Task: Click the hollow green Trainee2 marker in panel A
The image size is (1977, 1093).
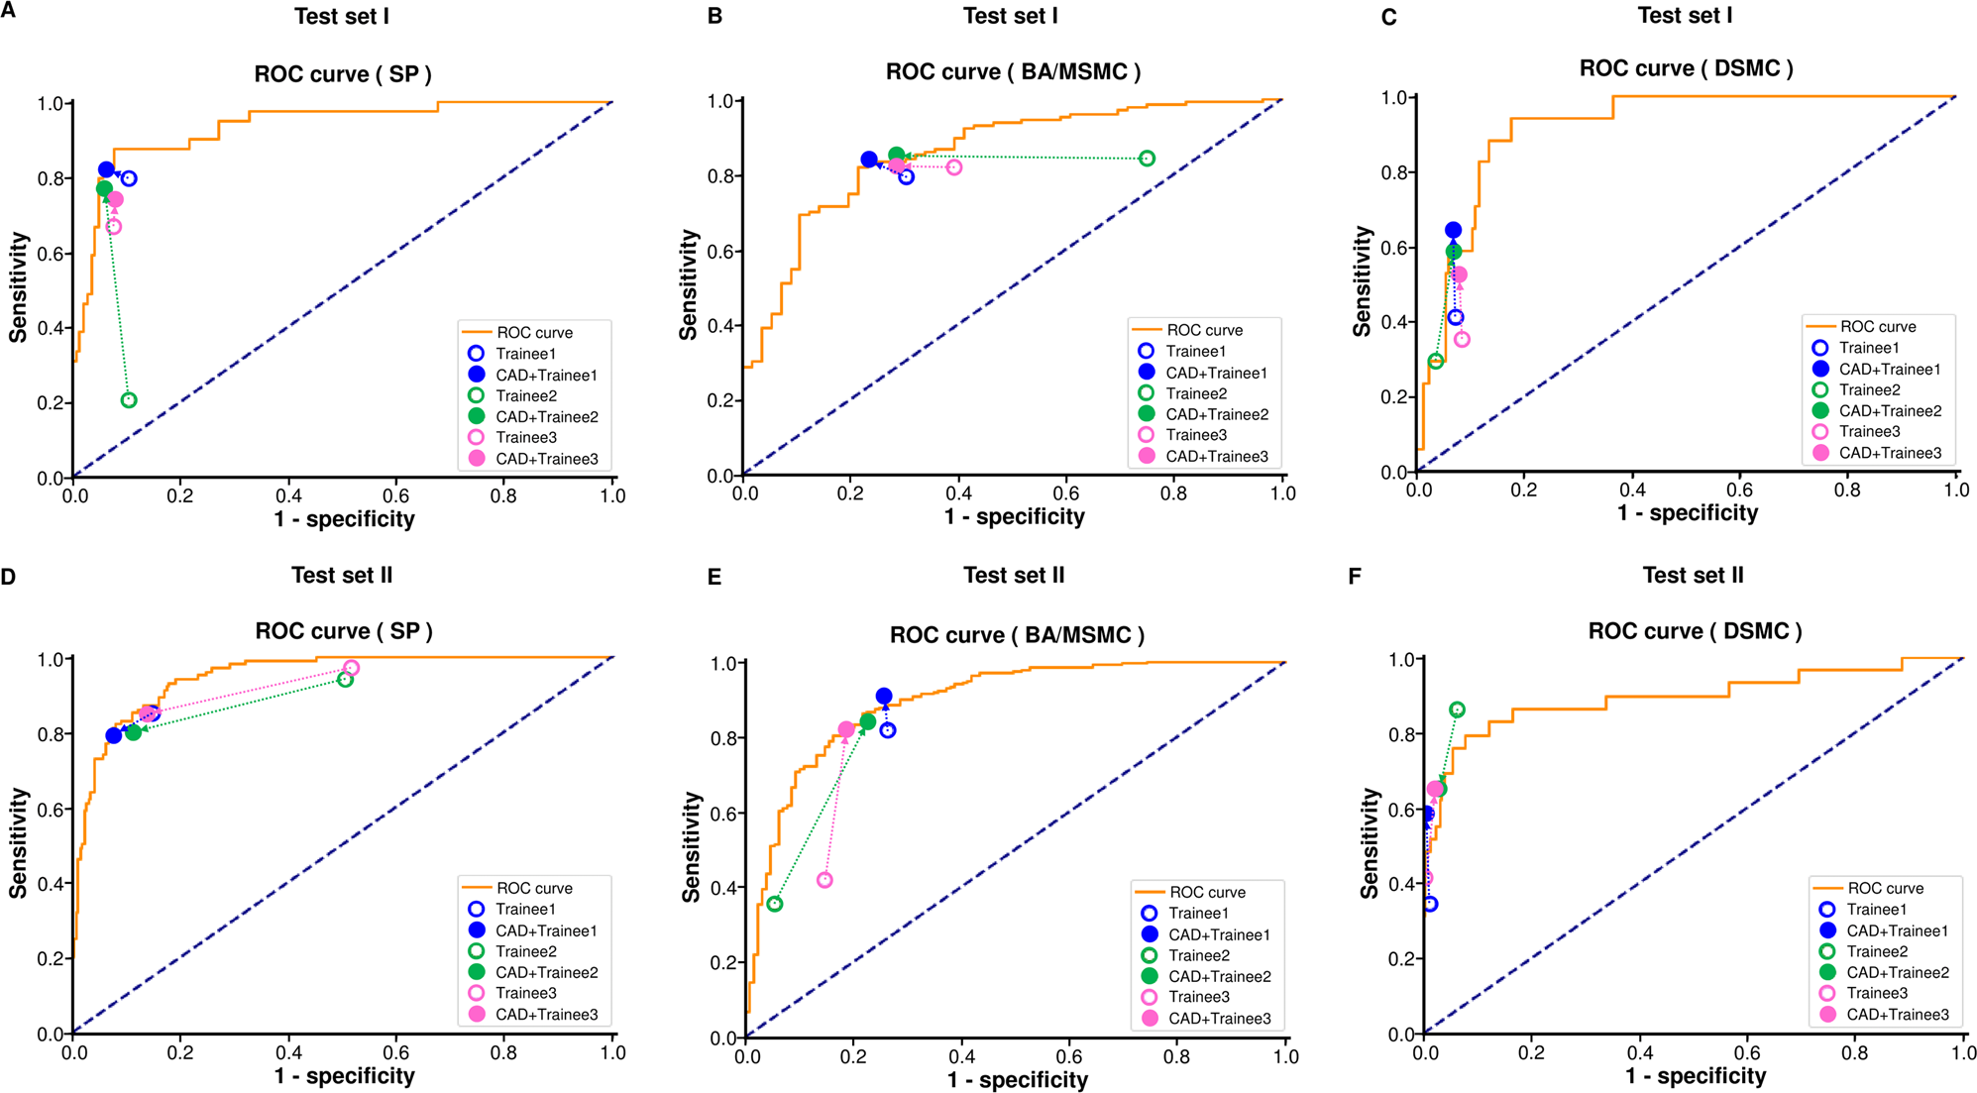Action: click(x=129, y=400)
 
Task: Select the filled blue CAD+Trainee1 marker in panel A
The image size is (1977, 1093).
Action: click(x=106, y=169)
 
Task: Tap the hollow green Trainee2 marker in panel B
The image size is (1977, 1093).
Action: click(x=1147, y=159)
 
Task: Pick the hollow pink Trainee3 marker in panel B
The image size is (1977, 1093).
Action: click(x=953, y=167)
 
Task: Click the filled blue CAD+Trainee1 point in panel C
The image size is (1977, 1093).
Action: click(x=1453, y=230)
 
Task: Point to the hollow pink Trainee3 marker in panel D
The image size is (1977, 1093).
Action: click(x=351, y=668)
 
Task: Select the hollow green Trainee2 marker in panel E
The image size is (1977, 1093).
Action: click(x=775, y=904)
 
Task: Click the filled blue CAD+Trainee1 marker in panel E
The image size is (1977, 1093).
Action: click(x=884, y=696)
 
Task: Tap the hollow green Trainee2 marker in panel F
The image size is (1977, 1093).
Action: click(x=1457, y=710)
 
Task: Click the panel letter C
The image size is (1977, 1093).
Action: click(x=1388, y=18)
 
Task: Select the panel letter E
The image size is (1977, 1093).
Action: click(x=714, y=577)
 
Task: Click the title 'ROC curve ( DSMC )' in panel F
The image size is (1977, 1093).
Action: click(x=1695, y=631)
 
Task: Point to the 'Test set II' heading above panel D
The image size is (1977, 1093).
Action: click(x=342, y=575)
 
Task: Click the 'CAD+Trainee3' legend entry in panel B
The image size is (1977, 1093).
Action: click(x=1216, y=457)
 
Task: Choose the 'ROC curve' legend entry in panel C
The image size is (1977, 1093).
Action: click(x=1877, y=327)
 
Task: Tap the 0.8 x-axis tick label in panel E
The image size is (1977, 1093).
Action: click(x=1176, y=1057)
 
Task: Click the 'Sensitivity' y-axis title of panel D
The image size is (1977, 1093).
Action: click(x=18, y=843)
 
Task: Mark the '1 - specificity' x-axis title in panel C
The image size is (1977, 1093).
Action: click(x=1688, y=513)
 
